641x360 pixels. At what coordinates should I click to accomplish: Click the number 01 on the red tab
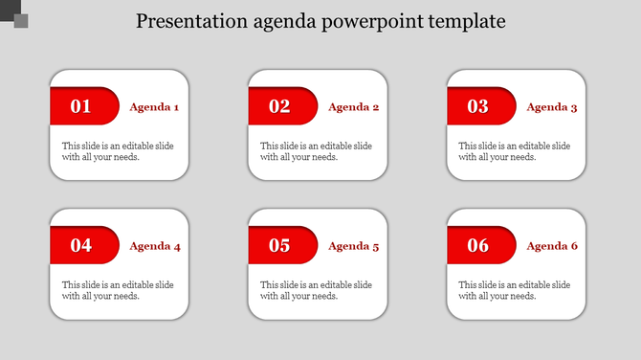point(81,106)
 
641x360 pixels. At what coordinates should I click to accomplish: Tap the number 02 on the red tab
point(279,106)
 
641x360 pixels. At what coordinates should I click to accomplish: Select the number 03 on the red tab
point(477,106)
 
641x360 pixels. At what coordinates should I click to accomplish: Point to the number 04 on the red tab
point(81,246)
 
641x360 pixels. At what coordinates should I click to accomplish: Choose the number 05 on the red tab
point(279,246)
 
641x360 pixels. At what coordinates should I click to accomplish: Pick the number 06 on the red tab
point(477,246)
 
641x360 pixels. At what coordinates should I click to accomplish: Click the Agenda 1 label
point(154,107)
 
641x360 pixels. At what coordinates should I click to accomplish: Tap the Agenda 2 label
point(353,107)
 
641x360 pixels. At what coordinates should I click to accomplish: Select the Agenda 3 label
point(552,107)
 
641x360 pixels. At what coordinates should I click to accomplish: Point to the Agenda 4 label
point(154,246)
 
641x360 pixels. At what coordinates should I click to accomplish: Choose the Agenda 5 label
point(353,246)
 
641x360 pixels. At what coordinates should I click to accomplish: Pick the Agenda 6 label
point(552,246)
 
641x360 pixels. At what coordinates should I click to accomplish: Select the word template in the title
point(470,21)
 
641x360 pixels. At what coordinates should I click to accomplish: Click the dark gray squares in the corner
point(14,15)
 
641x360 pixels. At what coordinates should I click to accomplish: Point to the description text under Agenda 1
point(118,151)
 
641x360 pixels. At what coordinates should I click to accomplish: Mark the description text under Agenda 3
point(515,151)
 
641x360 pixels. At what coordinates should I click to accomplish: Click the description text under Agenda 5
point(316,290)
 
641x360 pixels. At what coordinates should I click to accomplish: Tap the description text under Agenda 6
point(515,290)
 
